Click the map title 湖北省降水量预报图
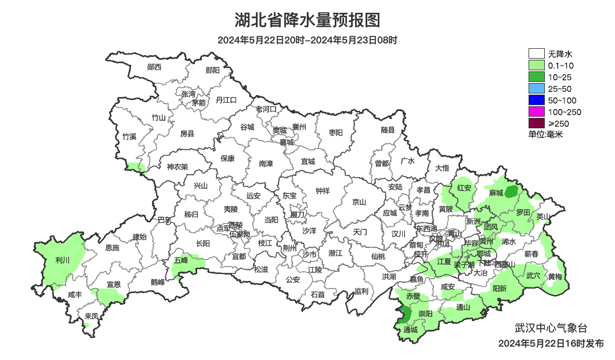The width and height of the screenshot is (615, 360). pyautogui.click(x=307, y=20)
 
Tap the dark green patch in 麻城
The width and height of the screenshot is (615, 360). pyautogui.click(x=511, y=191)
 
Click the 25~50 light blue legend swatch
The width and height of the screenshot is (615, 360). pyautogui.click(x=536, y=89)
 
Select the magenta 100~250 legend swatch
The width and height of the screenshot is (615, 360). pyautogui.click(x=536, y=112)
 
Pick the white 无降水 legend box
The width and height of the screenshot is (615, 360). pyautogui.click(x=536, y=54)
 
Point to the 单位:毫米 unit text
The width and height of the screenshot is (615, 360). pyautogui.click(x=545, y=135)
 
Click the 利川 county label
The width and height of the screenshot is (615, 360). pyautogui.click(x=62, y=261)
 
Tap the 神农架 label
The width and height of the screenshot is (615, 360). pyautogui.click(x=178, y=167)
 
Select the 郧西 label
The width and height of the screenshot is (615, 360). pyautogui.click(x=154, y=67)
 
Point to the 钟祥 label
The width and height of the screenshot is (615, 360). pyautogui.click(x=323, y=191)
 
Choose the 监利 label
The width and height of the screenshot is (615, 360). pyautogui.click(x=361, y=291)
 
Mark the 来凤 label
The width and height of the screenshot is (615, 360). pyautogui.click(x=91, y=316)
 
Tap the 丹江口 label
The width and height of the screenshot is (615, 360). pyautogui.click(x=226, y=100)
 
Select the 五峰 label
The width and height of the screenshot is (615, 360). pyautogui.click(x=181, y=260)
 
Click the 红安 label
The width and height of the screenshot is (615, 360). pyautogui.click(x=464, y=188)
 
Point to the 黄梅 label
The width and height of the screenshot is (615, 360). pyautogui.click(x=555, y=277)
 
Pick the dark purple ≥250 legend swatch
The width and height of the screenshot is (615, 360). pyautogui.click(x=536, y=123)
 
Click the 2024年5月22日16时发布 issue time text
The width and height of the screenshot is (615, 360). pyautogui.click(x=551, y=343)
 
